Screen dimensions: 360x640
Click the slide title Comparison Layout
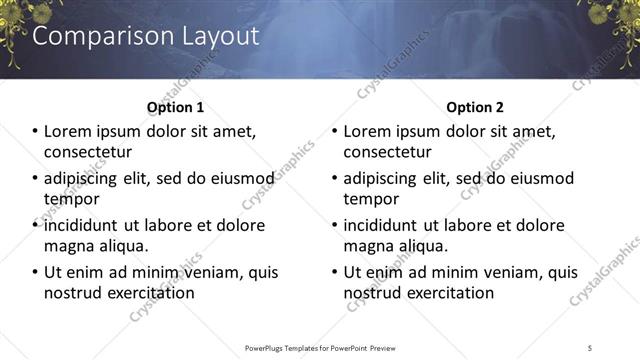[146, 36]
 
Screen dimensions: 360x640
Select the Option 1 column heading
[175, 107]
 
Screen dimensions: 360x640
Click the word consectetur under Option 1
[89, 152]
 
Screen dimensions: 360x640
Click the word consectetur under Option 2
[389, 152]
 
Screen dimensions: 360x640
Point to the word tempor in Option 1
[69, 198]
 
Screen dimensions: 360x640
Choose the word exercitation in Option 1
[146, 293]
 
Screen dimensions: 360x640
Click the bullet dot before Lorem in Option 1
[35, 132]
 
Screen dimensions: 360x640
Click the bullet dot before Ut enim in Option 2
[335, 272]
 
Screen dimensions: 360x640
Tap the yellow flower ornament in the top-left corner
[18, 22]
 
